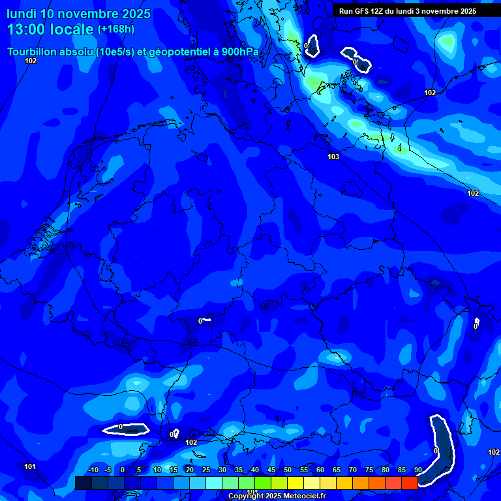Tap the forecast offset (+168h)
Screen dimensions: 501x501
pyautogui.click(x=115, y=29)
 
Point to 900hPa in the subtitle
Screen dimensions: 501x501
pyautogui.click(x=240, y=52)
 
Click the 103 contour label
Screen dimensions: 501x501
pyautogui.click(x=333, y=157)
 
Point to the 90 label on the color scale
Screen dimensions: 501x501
pyautogui.click(x=417, y=470)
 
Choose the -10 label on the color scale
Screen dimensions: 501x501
pyautogui.click(x=93, y=470)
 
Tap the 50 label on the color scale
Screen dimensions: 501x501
pyautogui.click(x=287, y=470)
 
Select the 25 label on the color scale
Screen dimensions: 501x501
pyautogui.click(x=205, y=470)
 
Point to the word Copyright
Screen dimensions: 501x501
pyautogui.click(x=247, y=496)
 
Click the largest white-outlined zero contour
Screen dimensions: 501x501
pyautogui.click(x=442, y=451)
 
